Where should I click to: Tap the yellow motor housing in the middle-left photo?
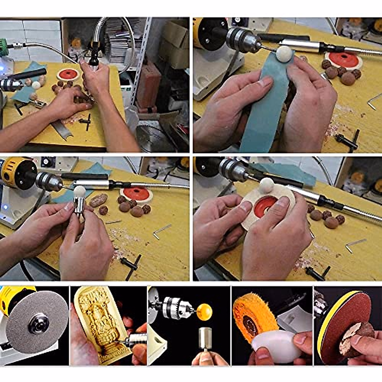coord(18,172)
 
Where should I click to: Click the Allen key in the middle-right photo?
coord(355,245)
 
